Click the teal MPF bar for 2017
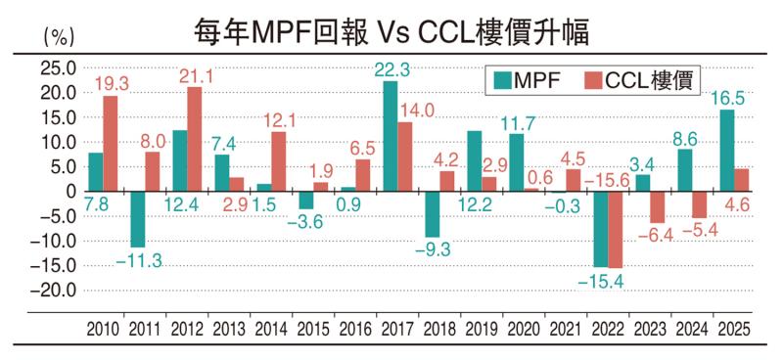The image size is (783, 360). (x=390, y=136)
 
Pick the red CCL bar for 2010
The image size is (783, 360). (x=111, y=143)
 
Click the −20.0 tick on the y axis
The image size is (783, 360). (x=55, y=291)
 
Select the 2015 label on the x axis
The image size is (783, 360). (x=313, y=329)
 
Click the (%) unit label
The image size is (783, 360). (x=59, y=36)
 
